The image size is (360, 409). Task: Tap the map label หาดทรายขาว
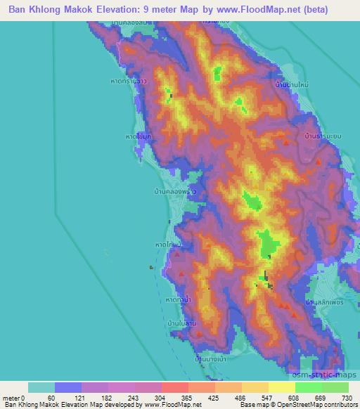pyautogui.click(x=143, y=99)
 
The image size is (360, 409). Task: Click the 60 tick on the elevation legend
pyautogui.click(x=55, y=398)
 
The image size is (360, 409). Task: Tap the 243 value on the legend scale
pyautogui.click(x=134, y=398)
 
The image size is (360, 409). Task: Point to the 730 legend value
pyautogui.click(x=348, y=398)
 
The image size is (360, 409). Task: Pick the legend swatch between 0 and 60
pyautogui.click(x=41, y=387)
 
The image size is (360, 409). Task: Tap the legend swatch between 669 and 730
pyautogui.click(x=335, y=387)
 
